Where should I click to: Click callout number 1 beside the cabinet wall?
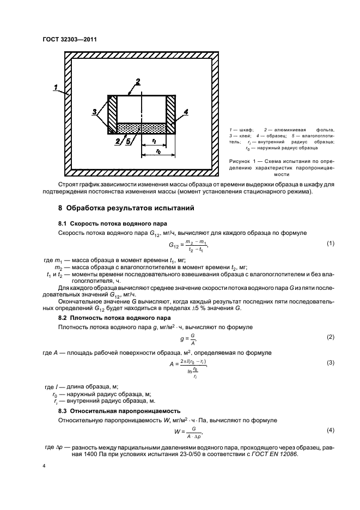click(x=57, y=87)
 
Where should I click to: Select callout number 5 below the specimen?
click(x=127, y=141)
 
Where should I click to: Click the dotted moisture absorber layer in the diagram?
click(x=142, y=127)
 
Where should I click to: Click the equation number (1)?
click(x=330, y=243)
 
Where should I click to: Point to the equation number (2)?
click(x=330, y=337)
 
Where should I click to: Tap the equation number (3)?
click(x=330, y=362)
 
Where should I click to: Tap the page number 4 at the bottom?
click(x=46, y=467)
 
